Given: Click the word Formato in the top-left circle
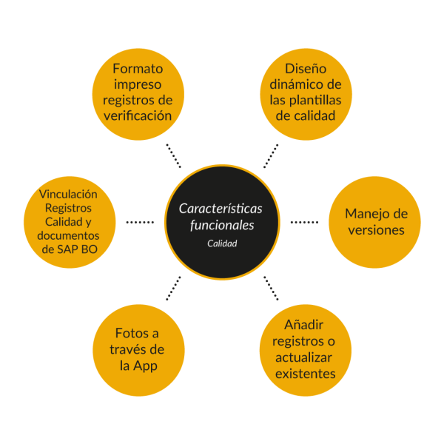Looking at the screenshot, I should click(138, 68).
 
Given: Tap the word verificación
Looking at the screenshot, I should click(138, 115).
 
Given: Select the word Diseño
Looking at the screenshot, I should click(305, 68).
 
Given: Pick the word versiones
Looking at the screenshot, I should click(377, 230).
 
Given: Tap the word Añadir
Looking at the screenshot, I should click(305, 325).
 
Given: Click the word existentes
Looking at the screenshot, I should click(305, 373).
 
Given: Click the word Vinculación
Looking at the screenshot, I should click(68, 195).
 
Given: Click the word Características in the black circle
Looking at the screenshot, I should click(221, 208).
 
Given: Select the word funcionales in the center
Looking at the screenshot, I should click(221, 224).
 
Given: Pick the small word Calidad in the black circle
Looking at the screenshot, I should click(221, 243).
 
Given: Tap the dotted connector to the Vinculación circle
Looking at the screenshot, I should click(140, 221).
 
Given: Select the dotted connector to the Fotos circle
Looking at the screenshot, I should click(174, 288).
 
